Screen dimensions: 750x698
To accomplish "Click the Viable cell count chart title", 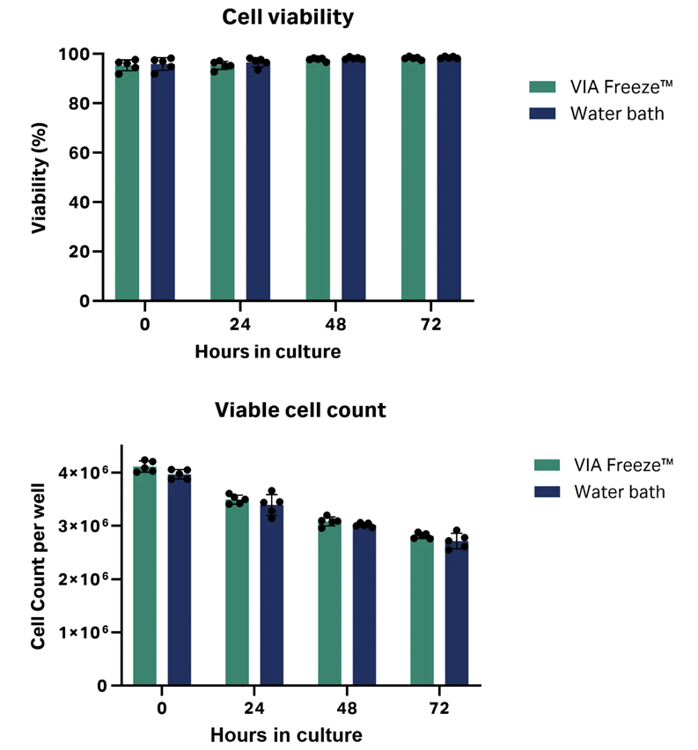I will click(300, 410).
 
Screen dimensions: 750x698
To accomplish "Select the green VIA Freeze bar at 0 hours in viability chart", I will click(127, 185).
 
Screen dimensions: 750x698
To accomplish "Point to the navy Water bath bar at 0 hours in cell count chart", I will click(180, 581).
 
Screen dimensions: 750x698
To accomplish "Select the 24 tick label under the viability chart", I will click(239, 324).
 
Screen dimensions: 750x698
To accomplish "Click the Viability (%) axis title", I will click(40, 178).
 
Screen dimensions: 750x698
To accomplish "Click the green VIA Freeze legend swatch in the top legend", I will click(540, 87).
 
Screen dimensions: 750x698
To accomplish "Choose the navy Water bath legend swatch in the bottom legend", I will click(546, 491).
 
